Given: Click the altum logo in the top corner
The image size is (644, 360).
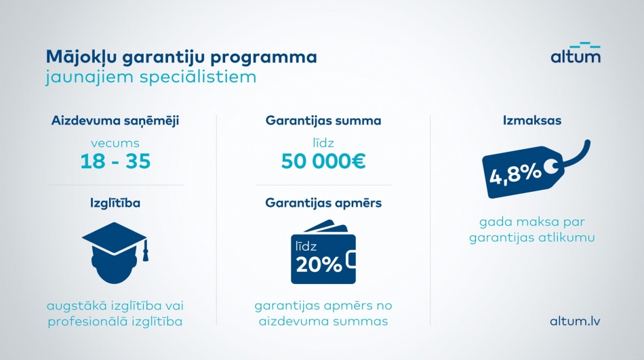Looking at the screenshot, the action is click(576, 52).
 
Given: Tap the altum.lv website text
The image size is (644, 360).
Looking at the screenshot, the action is click(575, 321).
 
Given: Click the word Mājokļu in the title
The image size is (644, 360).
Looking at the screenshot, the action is click(82, 57).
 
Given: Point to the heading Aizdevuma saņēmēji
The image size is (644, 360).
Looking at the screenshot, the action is click(115, 121).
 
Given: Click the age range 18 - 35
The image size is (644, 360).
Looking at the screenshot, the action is click(115, 161).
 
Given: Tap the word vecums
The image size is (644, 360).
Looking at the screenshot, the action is click(115, 143).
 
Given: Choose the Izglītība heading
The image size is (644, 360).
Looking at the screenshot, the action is click(115, 203).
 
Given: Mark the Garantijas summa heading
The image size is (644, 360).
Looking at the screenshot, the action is click(323, 121).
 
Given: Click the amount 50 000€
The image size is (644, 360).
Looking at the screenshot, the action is click(323, 161).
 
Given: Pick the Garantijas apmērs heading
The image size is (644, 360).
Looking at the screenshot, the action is click(323, 203).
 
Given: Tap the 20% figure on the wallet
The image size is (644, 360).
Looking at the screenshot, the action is click(319, 265).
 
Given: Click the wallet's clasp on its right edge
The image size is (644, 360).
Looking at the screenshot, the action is click(351, 260).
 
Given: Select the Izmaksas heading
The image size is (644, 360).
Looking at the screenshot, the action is click(532, 121).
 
